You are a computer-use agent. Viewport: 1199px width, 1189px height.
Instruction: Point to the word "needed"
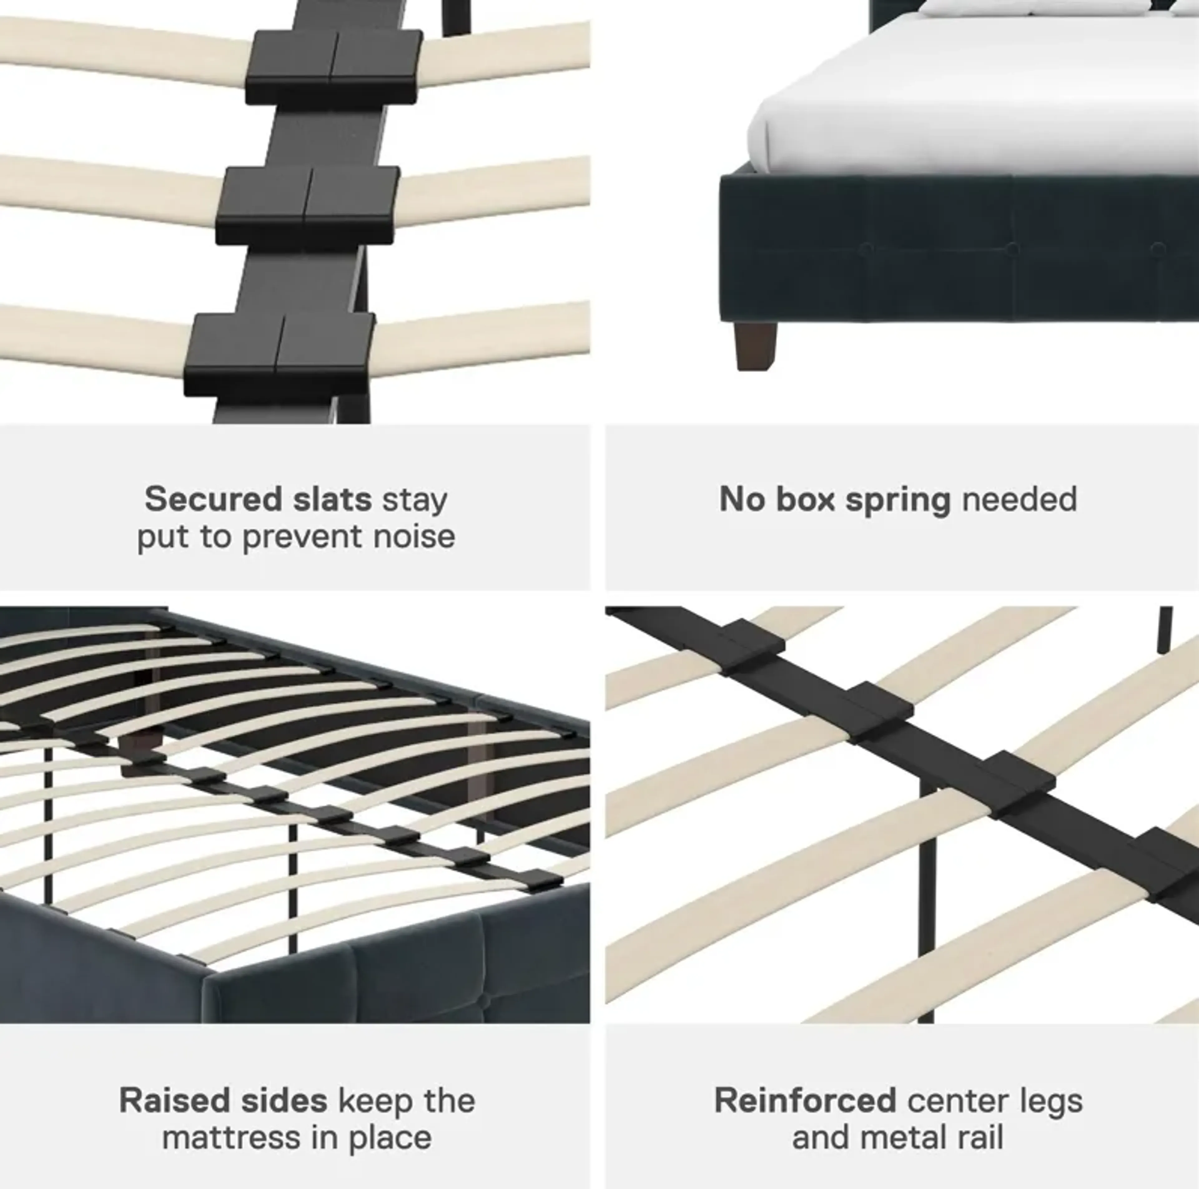pos(1019,499)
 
